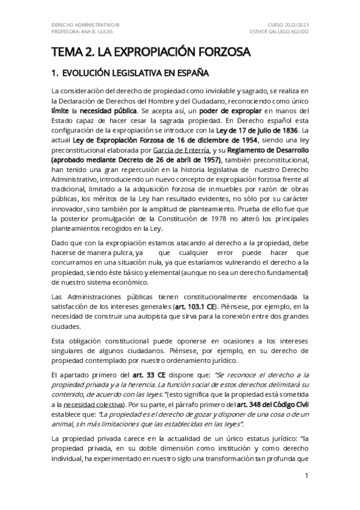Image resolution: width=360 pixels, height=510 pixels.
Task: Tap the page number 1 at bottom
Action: pos(307,476)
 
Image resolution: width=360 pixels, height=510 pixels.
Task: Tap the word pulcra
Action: pos(123,253)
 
